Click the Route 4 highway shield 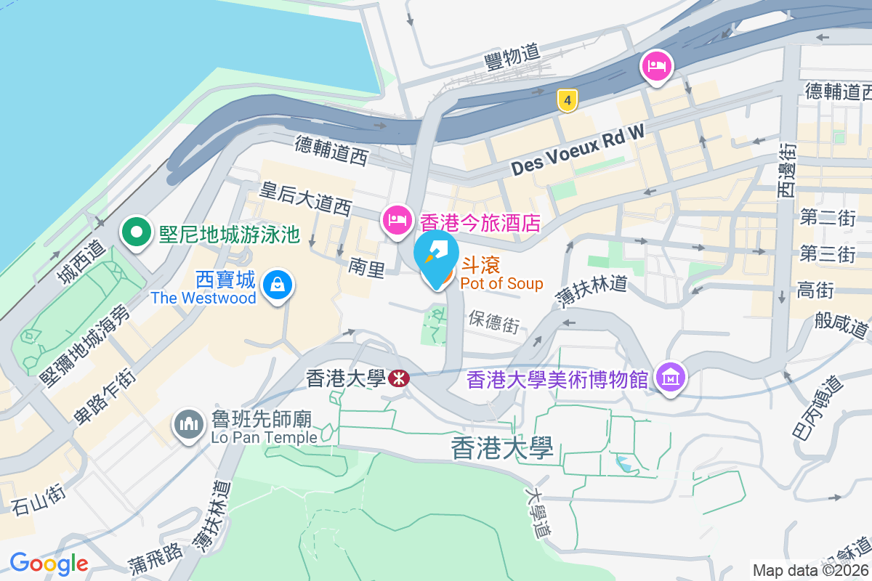(x=567, y=100)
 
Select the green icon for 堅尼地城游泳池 (x=135, y=232)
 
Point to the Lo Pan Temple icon (x=189, y=426)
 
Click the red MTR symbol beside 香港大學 (x=397, y=378)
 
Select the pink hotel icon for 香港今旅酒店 (x=396, y=218)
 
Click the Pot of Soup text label (x=502, y=284)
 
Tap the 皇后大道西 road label (x=306, y=198)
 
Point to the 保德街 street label (x=494, y=321)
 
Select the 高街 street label (x=815, y=290)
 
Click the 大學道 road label (x=538, y=513)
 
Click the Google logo (x=49, y=563)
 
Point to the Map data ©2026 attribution (x=810, y=570)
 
